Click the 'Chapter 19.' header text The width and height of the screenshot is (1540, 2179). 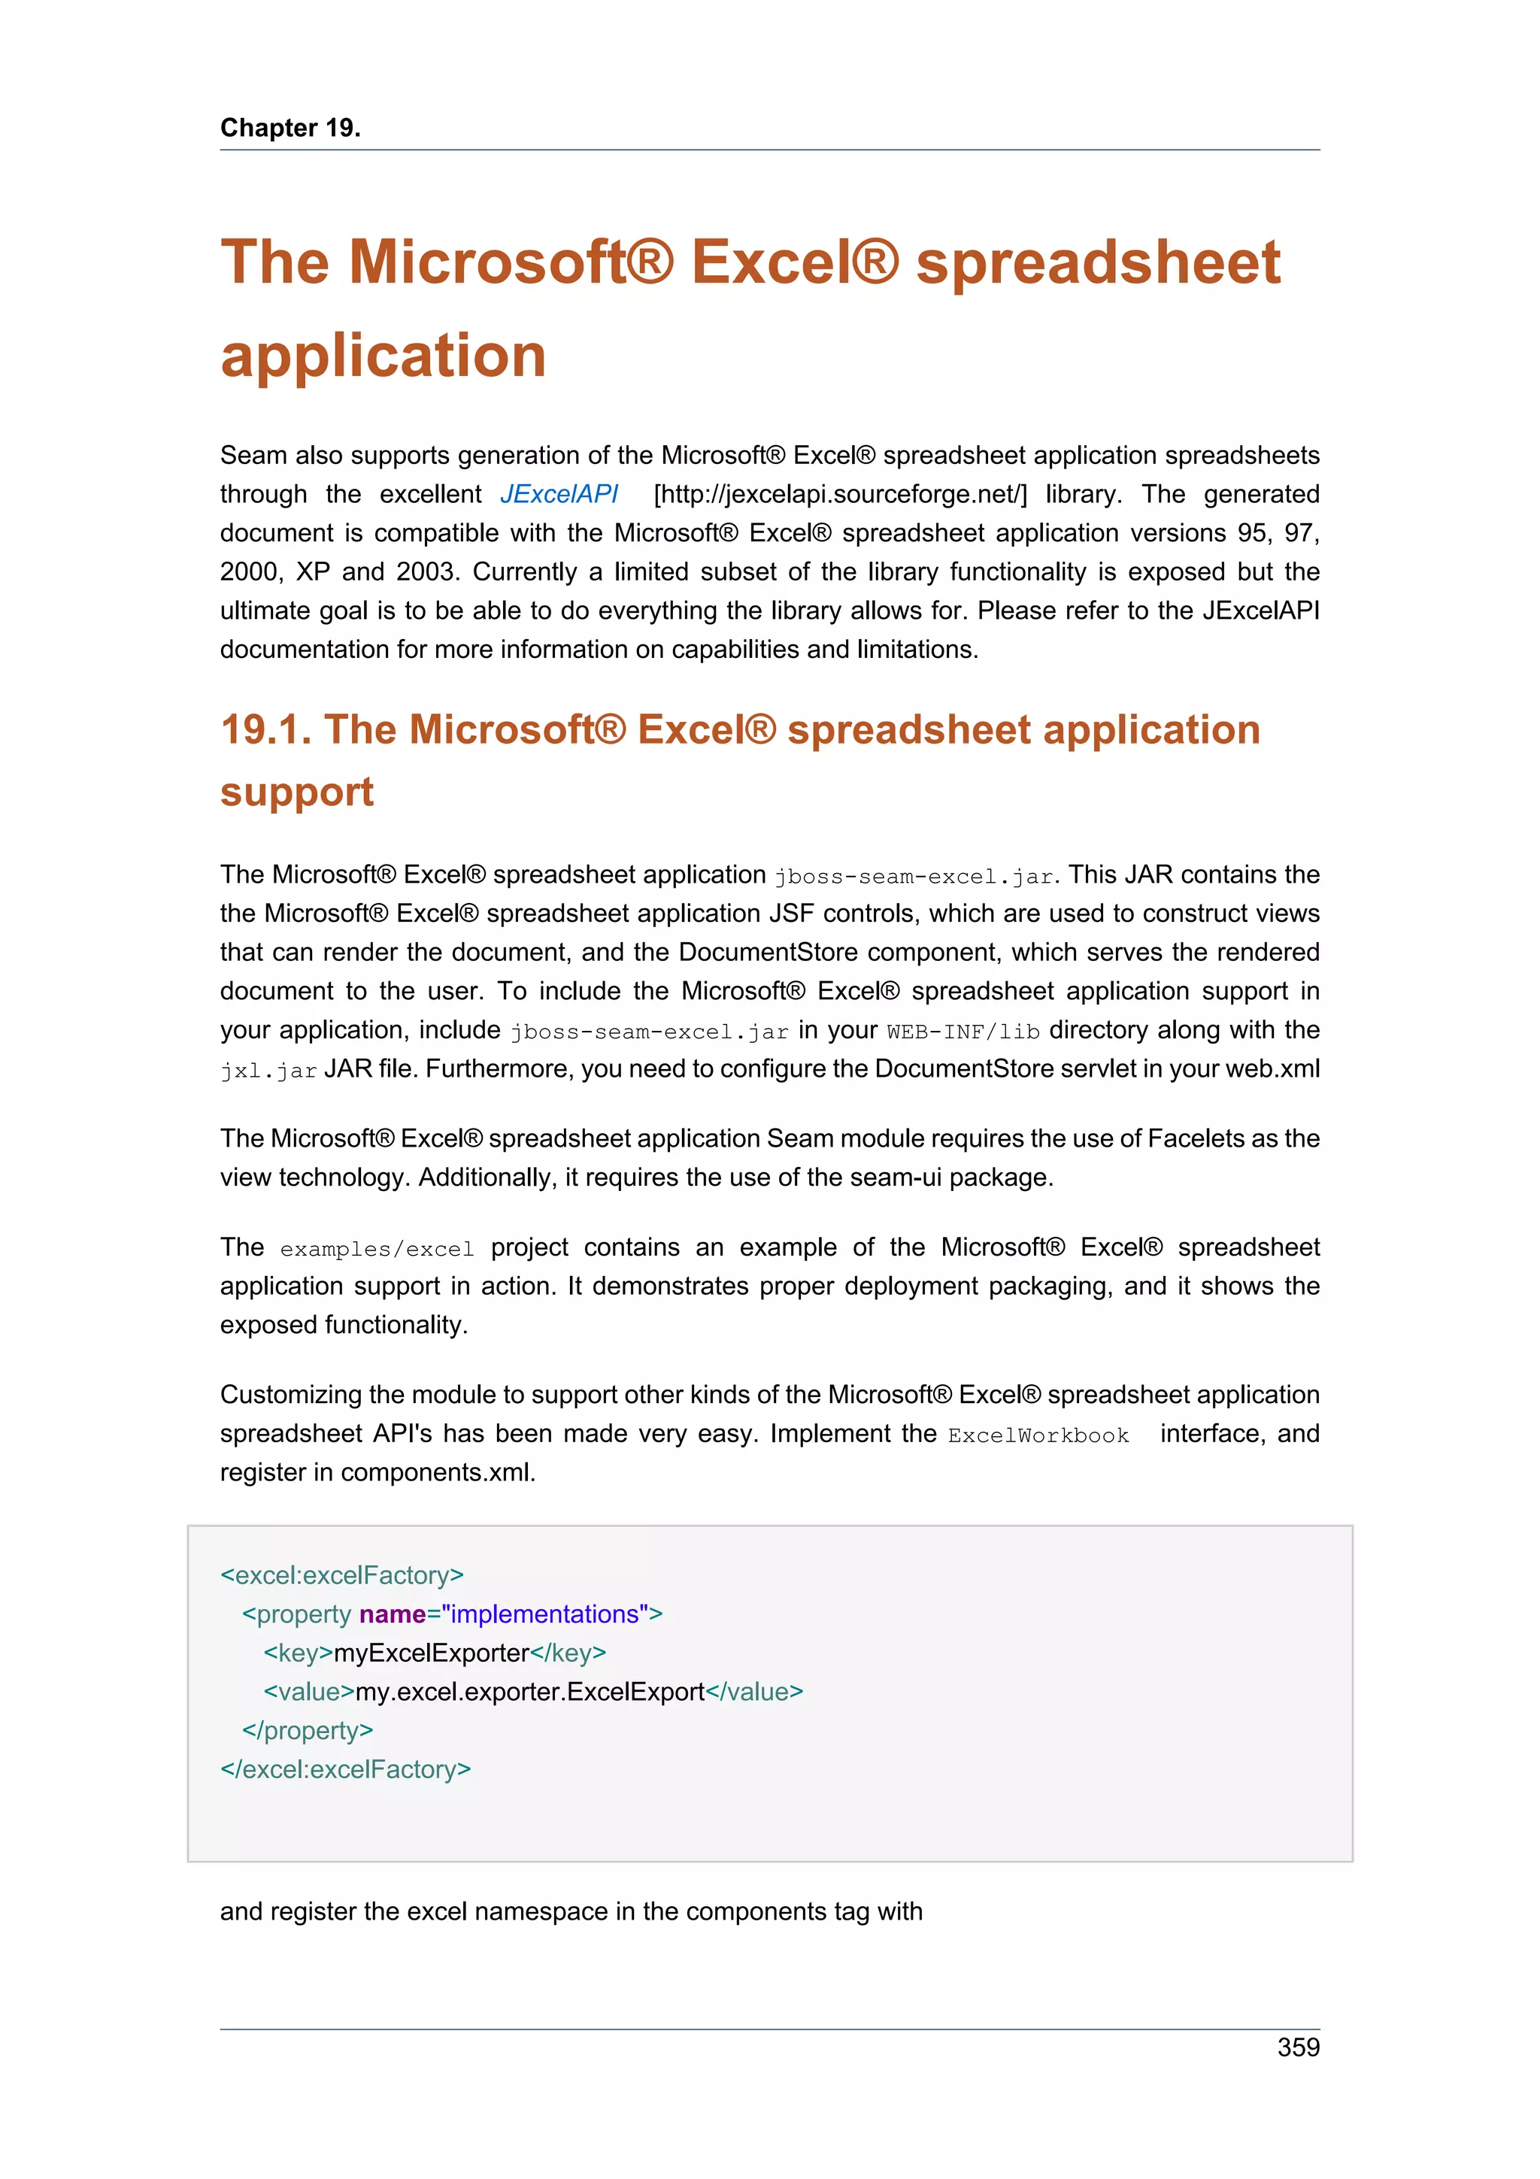coord(290,127)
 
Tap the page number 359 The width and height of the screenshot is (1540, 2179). coord(1297,2047)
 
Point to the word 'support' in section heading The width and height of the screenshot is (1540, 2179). coord(296,792)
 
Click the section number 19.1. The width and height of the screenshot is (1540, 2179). coord(265,730)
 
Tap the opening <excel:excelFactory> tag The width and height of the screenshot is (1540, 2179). coord(341,1575)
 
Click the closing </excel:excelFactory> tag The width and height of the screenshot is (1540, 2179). coord(345,1769)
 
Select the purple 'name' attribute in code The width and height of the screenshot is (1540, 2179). coord(392,1614)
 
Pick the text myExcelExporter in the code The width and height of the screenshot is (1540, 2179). coord(431,1653)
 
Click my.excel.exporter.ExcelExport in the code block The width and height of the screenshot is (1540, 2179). coord(529,1692)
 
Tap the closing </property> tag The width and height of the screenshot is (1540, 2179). coord(308,1730)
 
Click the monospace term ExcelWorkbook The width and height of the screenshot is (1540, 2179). coord(1038,1435)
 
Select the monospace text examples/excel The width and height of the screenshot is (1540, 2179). coord(377,1249)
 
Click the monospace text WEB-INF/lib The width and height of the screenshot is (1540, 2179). coord(963,1032)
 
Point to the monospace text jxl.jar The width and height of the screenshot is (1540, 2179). coord(268,1071)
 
